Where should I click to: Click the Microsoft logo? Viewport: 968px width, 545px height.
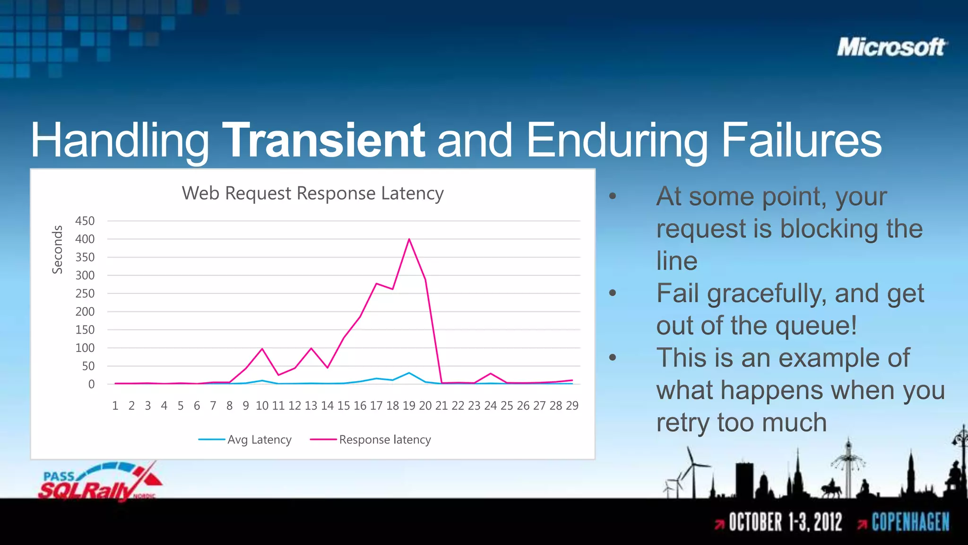point(891,47)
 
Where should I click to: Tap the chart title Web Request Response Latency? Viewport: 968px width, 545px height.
point(312,193)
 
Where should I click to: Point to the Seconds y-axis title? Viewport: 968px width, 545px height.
point(57,249)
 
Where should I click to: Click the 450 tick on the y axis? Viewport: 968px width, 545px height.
point(85,221)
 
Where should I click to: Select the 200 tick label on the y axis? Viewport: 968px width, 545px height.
point(85,312)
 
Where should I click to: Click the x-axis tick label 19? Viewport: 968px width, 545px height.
point(409,406)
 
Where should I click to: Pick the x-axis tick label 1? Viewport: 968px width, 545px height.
point(115,406)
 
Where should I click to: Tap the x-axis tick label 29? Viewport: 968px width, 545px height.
point(572,406)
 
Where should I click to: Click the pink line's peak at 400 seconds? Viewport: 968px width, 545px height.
point(409,239)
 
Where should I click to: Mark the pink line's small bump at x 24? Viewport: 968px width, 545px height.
point(491,374)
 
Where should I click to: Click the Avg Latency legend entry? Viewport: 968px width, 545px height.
point(245,440)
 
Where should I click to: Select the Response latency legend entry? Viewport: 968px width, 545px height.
point(371,440)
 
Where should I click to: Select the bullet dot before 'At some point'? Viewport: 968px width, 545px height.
point(613,196)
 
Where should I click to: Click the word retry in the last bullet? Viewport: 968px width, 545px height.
point(683,422)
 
